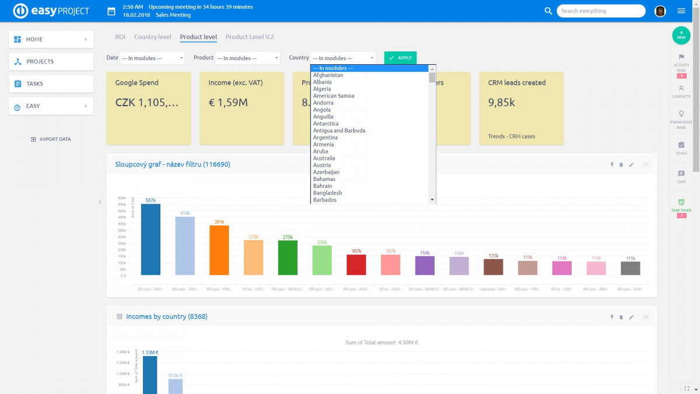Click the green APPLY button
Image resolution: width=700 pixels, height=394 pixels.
400,58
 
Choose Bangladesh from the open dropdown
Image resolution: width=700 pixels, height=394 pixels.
327,193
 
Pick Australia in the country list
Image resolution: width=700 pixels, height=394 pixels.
324,158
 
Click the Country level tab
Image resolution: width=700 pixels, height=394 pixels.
152,37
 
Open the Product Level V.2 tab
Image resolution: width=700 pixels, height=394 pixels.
249,37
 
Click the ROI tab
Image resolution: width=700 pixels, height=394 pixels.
120,37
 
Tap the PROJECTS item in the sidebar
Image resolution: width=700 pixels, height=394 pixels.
51,61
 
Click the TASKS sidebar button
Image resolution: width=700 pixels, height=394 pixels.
51,83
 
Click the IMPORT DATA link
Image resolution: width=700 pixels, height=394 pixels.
51,139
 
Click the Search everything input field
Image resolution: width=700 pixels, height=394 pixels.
600,11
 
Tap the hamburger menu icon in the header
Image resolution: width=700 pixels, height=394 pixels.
681,11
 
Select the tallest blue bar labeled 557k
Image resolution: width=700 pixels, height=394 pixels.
150,239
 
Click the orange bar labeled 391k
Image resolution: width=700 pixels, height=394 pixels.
219,250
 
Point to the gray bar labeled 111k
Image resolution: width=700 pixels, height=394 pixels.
631,268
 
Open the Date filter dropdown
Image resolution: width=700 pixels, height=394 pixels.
152,58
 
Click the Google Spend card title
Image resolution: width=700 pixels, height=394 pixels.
136,83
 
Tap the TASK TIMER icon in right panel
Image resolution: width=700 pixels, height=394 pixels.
681,202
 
